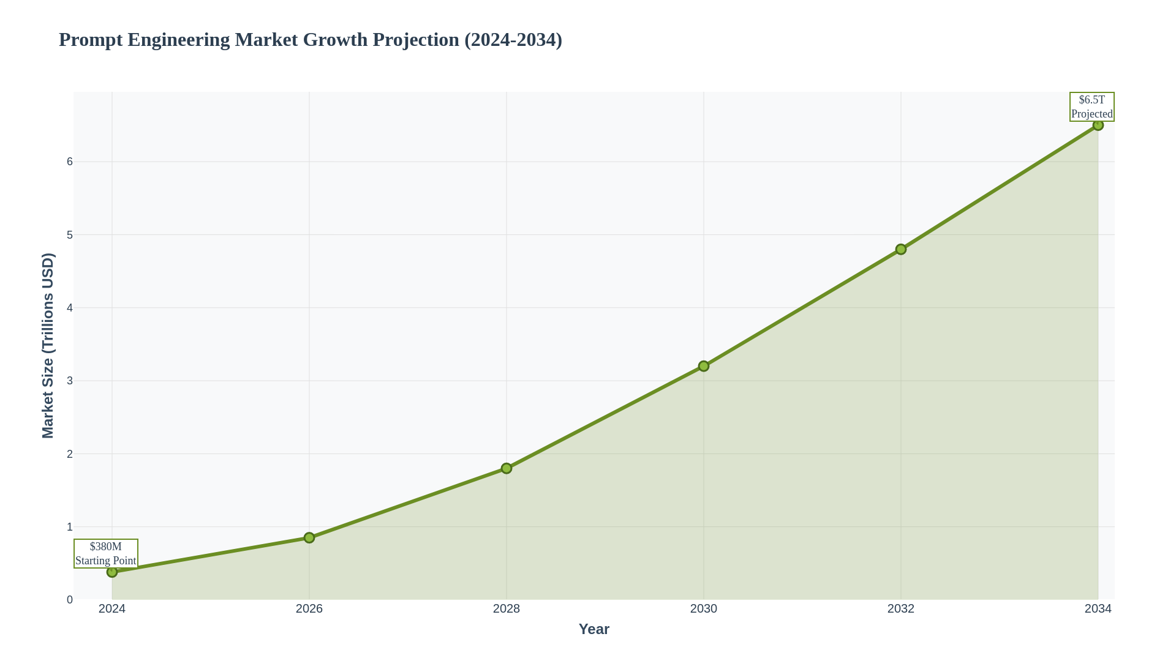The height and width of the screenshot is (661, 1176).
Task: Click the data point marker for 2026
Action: (309, 537)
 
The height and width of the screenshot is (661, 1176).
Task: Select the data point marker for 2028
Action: (507, 468)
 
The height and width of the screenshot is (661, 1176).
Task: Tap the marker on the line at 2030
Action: (704, 366)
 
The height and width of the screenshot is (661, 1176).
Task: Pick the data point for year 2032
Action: (901, 249)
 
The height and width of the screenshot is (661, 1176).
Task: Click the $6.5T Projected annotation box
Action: (1091, 107)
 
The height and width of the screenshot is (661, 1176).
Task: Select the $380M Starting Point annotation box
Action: (106, 553)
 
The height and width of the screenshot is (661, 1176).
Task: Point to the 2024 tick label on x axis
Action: (112, 609)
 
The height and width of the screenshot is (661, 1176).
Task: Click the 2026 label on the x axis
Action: (309, 609)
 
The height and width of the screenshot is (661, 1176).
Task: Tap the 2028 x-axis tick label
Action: (507, 609)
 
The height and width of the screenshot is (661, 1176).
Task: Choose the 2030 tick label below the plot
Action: (704, 609)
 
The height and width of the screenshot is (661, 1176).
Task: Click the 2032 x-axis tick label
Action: (901, 609)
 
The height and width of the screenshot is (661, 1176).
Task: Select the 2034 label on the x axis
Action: (1098, 609)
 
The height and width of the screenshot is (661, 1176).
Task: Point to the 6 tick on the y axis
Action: (70, 162)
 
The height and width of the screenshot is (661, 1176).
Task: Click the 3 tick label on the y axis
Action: (70, 381)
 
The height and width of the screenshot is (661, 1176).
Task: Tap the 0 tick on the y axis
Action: (70, 600)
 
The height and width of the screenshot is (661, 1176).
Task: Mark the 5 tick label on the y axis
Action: (70, 235)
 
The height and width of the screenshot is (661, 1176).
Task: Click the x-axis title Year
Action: (594, 629)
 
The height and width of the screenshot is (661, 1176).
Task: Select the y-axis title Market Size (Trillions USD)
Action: (48, 346)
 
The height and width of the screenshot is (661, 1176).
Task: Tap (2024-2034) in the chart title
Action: (513, 40)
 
